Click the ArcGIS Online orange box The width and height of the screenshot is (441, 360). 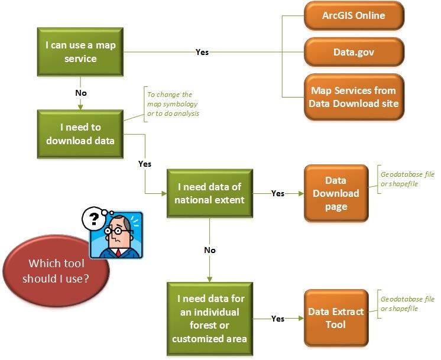(354, 16)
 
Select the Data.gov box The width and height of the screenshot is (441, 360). (354, 52)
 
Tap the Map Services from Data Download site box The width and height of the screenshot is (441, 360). (354, 96)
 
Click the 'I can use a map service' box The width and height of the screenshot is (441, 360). (79, 51)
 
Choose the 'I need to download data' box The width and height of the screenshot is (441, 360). (80, 134)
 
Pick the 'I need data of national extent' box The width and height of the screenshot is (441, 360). (210, 193)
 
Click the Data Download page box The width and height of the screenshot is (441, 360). (336, 193)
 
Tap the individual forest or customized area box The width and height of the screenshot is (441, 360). (209, 318)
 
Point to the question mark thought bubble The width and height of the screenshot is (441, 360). (93, 220)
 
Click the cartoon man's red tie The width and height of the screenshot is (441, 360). (119, 253)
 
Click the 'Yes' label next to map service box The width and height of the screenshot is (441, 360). (202, 52)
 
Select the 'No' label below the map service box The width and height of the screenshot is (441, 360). (80, 93)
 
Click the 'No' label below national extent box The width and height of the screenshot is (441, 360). (210, 250)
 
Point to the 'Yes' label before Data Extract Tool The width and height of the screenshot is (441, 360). (277, 318)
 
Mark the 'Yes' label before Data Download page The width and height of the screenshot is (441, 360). (277, 193)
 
